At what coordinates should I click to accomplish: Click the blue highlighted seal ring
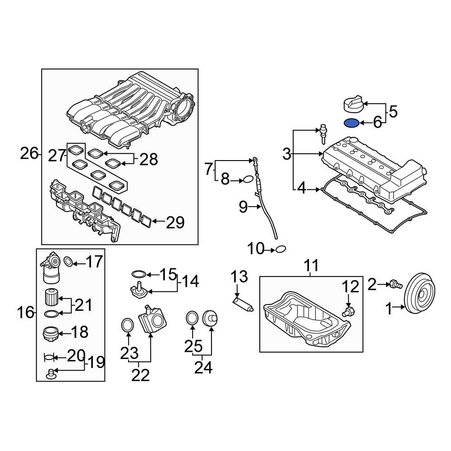point(351,123)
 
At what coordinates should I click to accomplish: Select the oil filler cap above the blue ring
point(354,105)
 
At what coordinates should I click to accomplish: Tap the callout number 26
point(29,153)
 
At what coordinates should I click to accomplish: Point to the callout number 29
point(175,222)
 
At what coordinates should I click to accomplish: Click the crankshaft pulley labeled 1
point(419,294)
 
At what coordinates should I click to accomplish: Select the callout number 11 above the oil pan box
point(311,265)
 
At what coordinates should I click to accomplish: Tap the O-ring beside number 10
point(281,249)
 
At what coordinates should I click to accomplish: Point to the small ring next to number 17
point(68,262)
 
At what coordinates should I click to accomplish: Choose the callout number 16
point(25,312)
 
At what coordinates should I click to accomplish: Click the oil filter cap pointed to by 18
point(51,334)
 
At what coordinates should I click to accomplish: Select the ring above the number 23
point(128,325)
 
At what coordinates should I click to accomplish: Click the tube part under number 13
point(243,304)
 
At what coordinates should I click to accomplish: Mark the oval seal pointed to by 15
point(139,274)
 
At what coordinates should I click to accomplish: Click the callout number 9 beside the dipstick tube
point(244,207)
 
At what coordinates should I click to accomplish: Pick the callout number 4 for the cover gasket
point(301,189)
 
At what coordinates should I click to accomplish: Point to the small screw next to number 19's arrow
point(51,374)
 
